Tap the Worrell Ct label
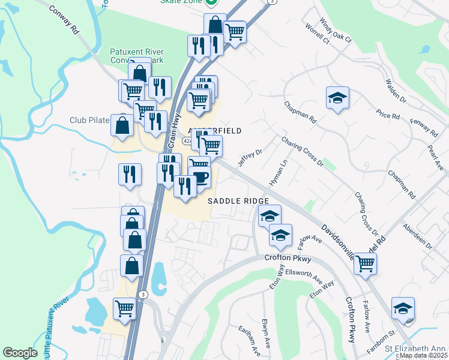click(318, 35)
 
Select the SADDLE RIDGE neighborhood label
click(238, 201)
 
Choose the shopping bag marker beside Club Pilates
click(122, 125)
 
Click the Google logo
click(20, 353)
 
